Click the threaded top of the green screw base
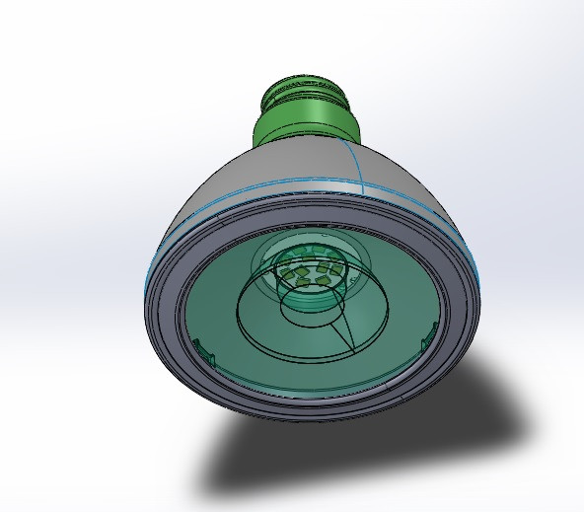[x=305, y=93]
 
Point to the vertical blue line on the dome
[x=360, y=163]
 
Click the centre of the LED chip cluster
[x=311, y=270]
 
